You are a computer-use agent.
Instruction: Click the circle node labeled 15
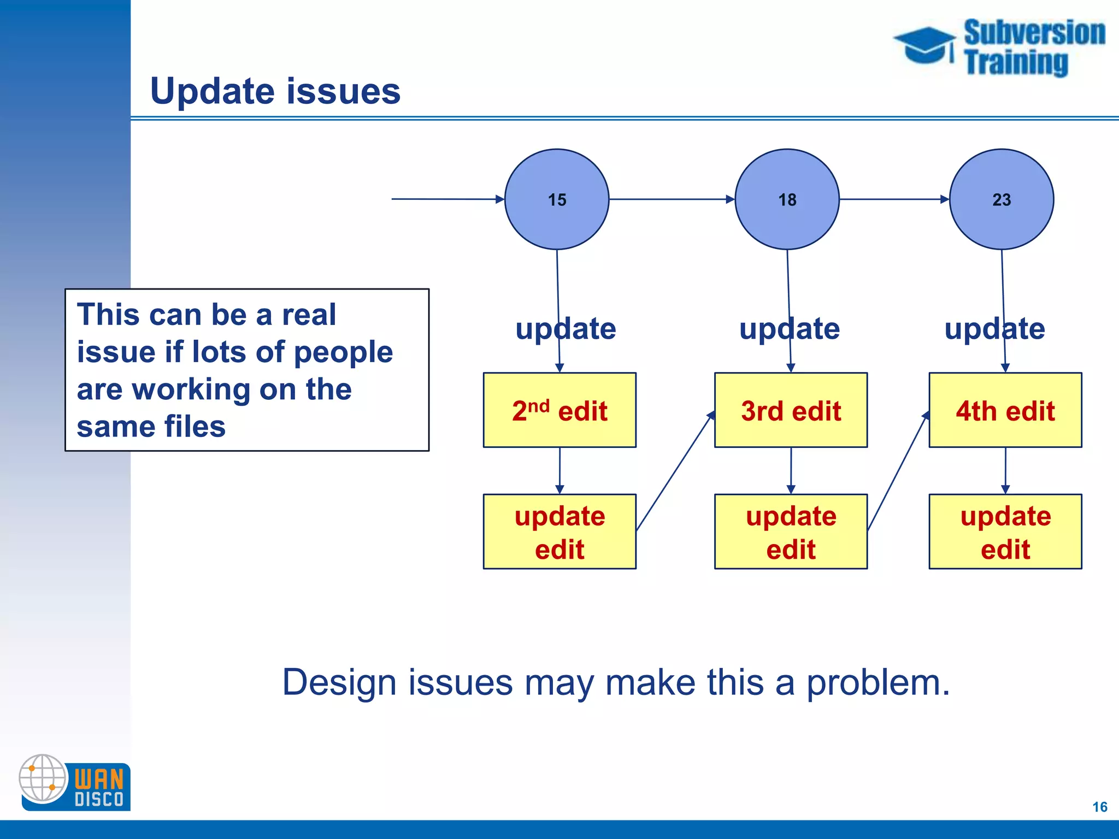pos(556,199)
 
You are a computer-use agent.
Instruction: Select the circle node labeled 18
pos(787,199)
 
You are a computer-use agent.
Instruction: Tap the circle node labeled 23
pos(1001,199)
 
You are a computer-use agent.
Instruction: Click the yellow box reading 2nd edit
pos(559,410)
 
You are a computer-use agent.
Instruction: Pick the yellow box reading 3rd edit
pos(791,410)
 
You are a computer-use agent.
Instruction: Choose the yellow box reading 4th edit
pos(1005,410)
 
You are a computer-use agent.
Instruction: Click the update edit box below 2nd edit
pos(559,531)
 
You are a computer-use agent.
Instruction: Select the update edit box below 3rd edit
pos(791,531)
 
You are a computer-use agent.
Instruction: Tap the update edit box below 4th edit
pos(1005,531)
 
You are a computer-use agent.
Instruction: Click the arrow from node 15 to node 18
pos(672,199)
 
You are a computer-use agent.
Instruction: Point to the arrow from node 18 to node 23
pos(894,199)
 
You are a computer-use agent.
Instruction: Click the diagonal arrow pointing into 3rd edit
pos(675,471)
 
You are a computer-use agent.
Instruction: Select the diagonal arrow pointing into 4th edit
pos(898,471)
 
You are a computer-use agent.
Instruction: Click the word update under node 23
pos(994,329)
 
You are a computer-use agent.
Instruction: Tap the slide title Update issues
pos(275,91)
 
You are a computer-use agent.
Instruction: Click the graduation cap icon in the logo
pos(924,45)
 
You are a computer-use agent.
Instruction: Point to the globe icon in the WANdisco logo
pos(43,778)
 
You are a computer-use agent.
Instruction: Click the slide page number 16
pos(1099,807)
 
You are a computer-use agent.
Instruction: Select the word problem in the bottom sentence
pos(877,683)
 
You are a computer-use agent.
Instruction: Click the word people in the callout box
pos(343,352)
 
